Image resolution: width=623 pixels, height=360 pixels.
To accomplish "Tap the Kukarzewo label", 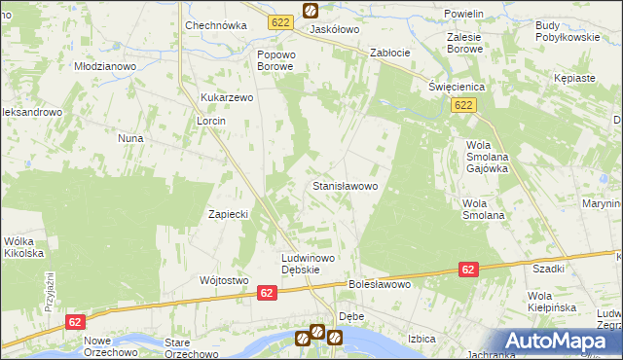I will point(227,98).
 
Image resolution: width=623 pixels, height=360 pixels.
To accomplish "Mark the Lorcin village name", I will point(211,121).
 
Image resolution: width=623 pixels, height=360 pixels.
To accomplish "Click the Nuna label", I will point(131,138).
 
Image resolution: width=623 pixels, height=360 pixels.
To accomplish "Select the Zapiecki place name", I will point(231,214).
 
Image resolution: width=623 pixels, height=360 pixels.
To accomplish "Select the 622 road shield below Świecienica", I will point(463,105).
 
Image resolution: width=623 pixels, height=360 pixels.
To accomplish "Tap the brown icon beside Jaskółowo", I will point(310,11).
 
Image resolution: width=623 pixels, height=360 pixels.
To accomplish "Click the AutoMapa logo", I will point(562,341).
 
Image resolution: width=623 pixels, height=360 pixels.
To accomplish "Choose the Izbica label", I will point(421,339).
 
